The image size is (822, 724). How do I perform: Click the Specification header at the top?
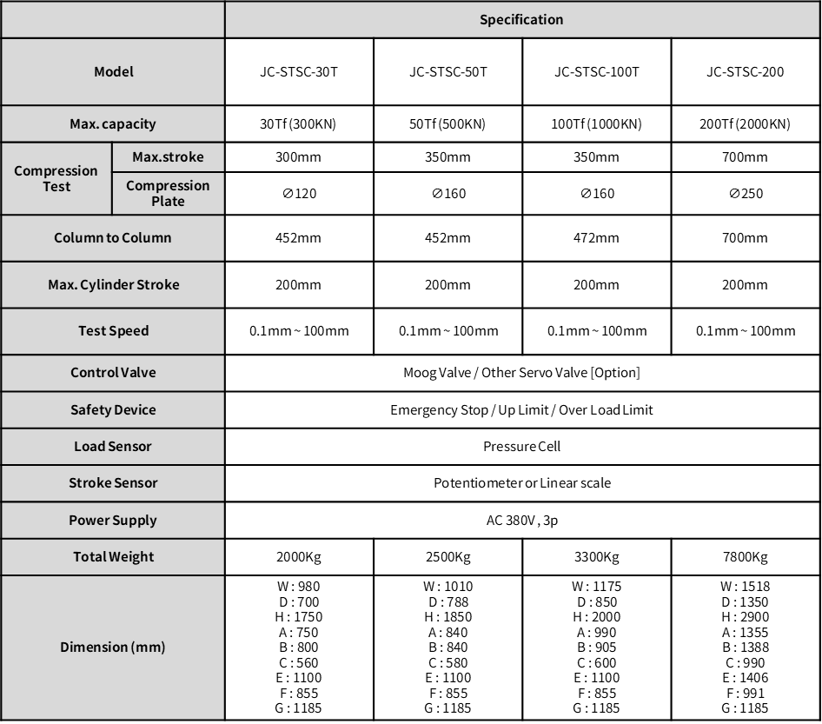point(521,20)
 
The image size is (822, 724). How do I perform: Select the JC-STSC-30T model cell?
point(299,72)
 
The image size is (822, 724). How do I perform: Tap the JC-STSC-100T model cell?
point(596,72)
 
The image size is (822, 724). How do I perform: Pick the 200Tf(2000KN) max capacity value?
point(745,124)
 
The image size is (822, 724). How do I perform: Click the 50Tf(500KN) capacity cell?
point(447,124)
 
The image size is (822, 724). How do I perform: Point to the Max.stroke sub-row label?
point(168,157)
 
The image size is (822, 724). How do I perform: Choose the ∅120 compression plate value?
point(299,194)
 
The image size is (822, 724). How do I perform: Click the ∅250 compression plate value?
point(745,194)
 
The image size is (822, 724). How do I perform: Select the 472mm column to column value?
point(596,238)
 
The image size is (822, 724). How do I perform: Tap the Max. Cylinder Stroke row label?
point(114,285)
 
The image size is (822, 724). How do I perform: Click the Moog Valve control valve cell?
point(521,373)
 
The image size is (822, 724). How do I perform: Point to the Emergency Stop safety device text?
point(521,410)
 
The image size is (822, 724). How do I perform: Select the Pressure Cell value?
point(521,447)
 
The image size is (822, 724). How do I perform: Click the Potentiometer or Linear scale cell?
point(521,483)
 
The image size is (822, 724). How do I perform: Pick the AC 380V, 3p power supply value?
point(521,521)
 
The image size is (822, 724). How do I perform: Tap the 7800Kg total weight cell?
point(745,557)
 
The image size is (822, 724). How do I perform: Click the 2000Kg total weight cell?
point(299,557)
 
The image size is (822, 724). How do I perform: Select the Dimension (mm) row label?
point(113,648)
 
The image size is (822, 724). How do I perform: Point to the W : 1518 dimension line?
point(745,587)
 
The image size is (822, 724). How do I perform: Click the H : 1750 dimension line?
point(299,617)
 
